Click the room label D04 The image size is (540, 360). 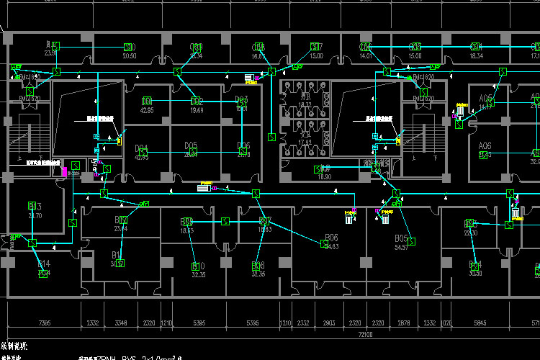click(142, 149)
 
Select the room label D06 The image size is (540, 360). click(243, 146)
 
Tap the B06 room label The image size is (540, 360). click(332, 238)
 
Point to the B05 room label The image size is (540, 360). click(401, 238)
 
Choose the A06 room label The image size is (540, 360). click(485, 145)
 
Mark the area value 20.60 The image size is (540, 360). click(130, 55)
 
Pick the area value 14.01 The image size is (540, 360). click(365, 55)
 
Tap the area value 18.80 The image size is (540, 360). click(324, 176)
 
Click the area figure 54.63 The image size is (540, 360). click(332, 246)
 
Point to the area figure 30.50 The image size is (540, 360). click(474, 274)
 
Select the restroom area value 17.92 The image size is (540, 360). click(305, 142)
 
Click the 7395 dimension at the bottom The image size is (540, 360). click(45, 323)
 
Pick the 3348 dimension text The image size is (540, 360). click(120, 323)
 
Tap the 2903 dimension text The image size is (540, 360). click(329, 323)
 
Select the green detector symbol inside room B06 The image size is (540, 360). click(323, 243)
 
